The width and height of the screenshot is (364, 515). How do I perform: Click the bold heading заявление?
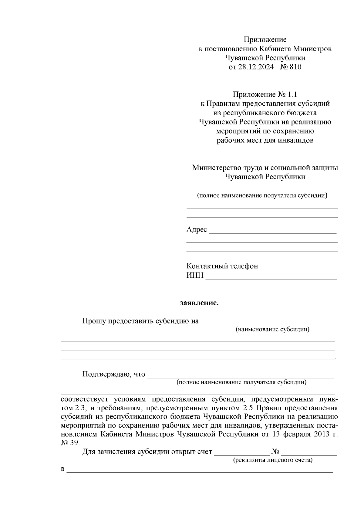pyautogui.click(x=199, y=303)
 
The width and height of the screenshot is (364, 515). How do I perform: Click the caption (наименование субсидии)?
pyautogui.click(x=273, y=329)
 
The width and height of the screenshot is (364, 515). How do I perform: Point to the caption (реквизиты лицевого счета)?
pyautogui.click(x=273, y=460)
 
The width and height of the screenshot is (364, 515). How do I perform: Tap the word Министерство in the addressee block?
pyautogui.click(x=215, y=168)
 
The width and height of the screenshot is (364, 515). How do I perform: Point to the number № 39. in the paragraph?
pyautogui.click(x=70, y=442)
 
